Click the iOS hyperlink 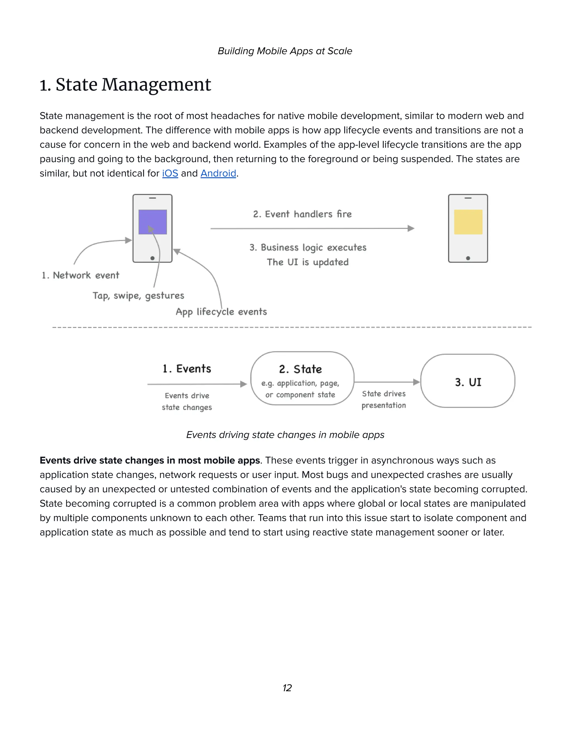coord(170,173)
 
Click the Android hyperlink coord(218,173)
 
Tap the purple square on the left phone coord(153,222)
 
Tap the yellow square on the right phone coord(468,222)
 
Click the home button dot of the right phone coord(468,258)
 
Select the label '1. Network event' coord(81,276)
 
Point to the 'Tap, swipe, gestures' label coord(138,296)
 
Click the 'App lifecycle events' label coord(221,312)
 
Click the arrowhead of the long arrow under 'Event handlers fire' coord(411,228)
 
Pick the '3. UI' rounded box coord(468,381)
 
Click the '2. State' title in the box coord(300,369)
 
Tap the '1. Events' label coord(187,368)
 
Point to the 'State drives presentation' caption coord(384,400)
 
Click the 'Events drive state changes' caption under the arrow coord(187,402)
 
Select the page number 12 coord(287,688)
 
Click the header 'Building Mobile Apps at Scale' coord(285,51)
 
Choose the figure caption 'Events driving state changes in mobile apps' coord(285,435)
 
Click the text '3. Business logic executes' coord(308,248)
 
